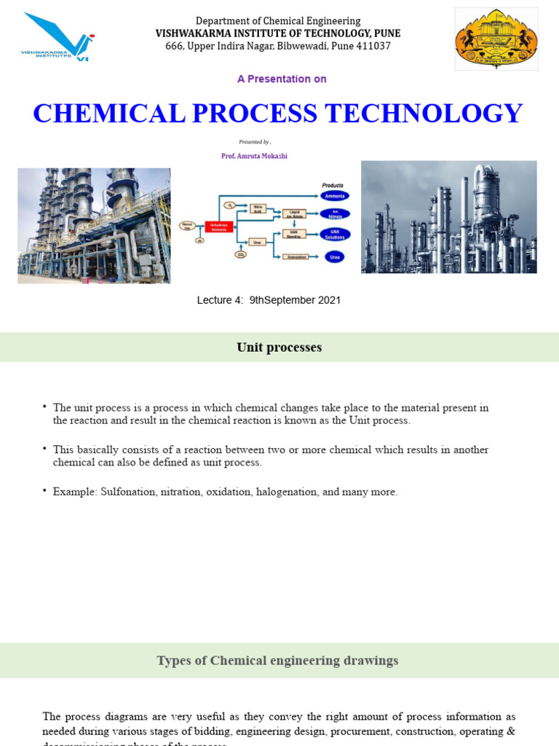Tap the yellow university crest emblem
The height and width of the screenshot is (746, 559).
[x=496, y=39]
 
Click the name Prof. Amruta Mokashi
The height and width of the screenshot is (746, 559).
[x=254, y=156]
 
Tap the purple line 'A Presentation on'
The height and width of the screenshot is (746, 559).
[x=282, y=79]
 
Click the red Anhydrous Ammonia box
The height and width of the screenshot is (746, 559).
[x=218, y=227]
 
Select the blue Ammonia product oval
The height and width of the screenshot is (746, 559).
[x=335, y=195]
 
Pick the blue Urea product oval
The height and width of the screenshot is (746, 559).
[x=335, y=256]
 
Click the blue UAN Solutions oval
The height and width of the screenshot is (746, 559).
[x=335, y=235]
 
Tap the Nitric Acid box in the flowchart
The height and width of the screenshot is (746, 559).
[x=257, y=208]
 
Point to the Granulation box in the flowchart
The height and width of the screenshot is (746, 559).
[x=296, y=256]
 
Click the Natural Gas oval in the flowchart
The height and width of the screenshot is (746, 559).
[x=187, y=225]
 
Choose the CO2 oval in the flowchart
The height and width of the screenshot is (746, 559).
[x=241, y=254]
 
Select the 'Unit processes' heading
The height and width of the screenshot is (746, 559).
[x=279, y=348]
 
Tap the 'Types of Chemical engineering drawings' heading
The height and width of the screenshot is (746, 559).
[x=277, y=661]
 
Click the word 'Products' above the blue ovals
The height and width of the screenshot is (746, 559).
[x=333, y=185]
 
